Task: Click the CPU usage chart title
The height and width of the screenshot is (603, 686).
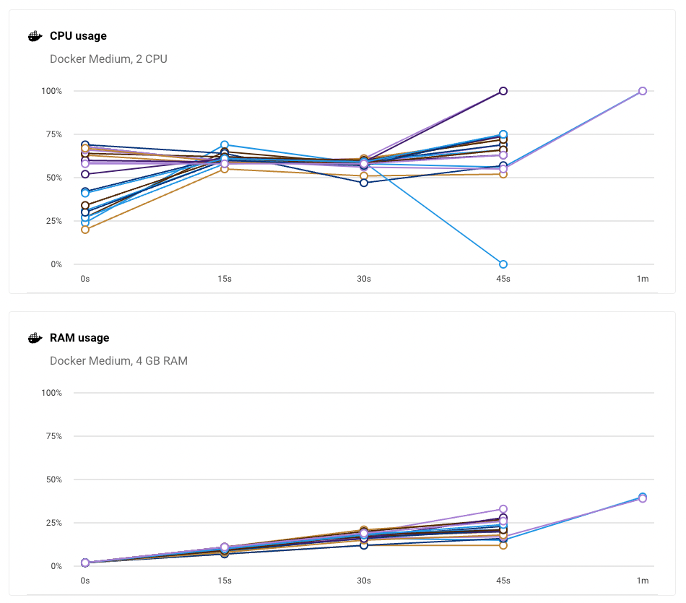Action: point(78,36)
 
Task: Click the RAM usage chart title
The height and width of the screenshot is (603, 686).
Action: point(79,338)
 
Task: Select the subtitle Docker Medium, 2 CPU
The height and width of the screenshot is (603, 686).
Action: point(108,59)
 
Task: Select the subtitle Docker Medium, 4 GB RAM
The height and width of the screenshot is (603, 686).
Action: point(118,361)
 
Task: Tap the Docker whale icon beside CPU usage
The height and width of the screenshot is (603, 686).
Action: point(35,36)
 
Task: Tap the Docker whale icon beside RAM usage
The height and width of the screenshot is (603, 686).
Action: point(35,338)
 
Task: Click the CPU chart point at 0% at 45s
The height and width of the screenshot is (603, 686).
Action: point(503,264)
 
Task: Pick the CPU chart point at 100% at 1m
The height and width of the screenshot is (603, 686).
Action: point(643,91)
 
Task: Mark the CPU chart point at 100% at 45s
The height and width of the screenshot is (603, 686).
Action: point(503,91)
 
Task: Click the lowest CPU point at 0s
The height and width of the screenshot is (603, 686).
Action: point(85,230)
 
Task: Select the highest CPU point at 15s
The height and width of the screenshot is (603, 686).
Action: point(225,145)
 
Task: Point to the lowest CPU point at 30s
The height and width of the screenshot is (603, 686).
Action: point(364,183)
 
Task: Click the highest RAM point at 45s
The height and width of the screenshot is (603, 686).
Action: point(503,509)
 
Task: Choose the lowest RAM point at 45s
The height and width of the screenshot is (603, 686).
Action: point(503,545)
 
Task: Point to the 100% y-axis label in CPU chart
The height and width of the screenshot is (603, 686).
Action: point(52,91)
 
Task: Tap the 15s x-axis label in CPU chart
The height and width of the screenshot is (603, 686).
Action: point(225,279)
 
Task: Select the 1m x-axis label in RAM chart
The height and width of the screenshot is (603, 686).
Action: point(643,581)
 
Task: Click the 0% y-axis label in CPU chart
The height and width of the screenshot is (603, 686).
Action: point(56,264)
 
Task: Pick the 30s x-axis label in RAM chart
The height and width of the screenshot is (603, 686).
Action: point(364,581)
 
